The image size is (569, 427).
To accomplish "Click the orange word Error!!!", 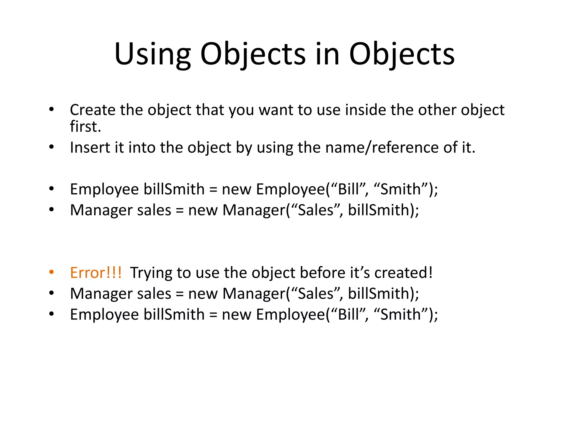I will pyautogui.click(x=96, y=273).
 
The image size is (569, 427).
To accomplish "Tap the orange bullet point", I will pyautogui.click(x=51, y=272).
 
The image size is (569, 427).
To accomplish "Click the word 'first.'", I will pyautogui.click(x=85, y=126).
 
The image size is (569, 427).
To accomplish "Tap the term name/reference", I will pyautogui.click(x=382, y=147).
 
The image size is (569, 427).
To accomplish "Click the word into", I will pyautogui.click(x=142, y=147).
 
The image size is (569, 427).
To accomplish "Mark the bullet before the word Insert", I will pyautogui.click(x=51, y=147).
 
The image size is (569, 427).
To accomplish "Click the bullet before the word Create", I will pyautogui.click(x=51, y=110).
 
